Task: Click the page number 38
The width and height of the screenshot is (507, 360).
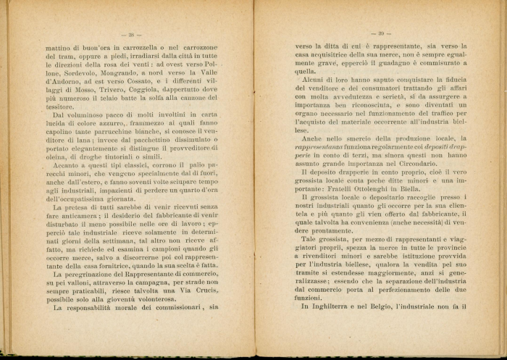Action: (133, 34)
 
